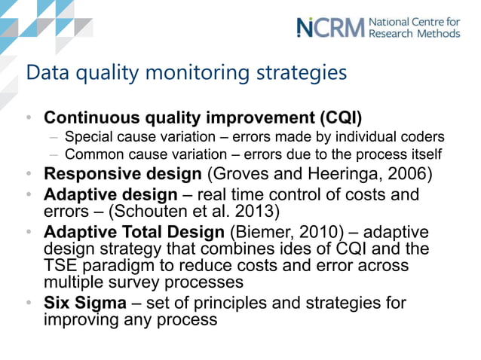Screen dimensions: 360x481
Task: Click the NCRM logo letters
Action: tap(330, 27)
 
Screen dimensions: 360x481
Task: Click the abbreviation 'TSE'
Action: tap(61, 266)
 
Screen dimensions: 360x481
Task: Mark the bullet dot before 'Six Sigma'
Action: tap(28, 304)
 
